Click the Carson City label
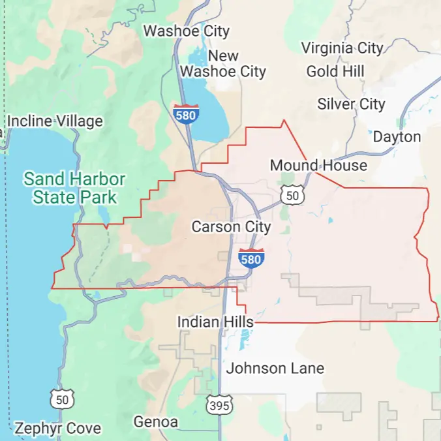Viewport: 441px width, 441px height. point(231,227)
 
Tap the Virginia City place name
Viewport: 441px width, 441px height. point(342,48)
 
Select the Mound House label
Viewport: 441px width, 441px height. point(318,166)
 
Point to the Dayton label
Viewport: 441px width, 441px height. point(397,137)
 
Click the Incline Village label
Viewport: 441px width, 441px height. point(55,121)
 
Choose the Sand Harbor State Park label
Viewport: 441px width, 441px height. point(74,187)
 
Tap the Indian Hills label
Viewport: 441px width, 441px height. point(215,322)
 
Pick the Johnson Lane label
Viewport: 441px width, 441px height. point(275,369)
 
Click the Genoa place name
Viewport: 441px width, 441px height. point(156,422)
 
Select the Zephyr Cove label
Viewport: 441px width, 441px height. point(57,429)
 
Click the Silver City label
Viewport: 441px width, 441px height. point(351,104)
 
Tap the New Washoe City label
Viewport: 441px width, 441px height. point(223,64)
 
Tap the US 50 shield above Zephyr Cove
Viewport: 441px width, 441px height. point(63,399)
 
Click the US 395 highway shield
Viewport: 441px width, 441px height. point(219,404)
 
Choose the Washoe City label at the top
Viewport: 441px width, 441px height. point(187,31)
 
